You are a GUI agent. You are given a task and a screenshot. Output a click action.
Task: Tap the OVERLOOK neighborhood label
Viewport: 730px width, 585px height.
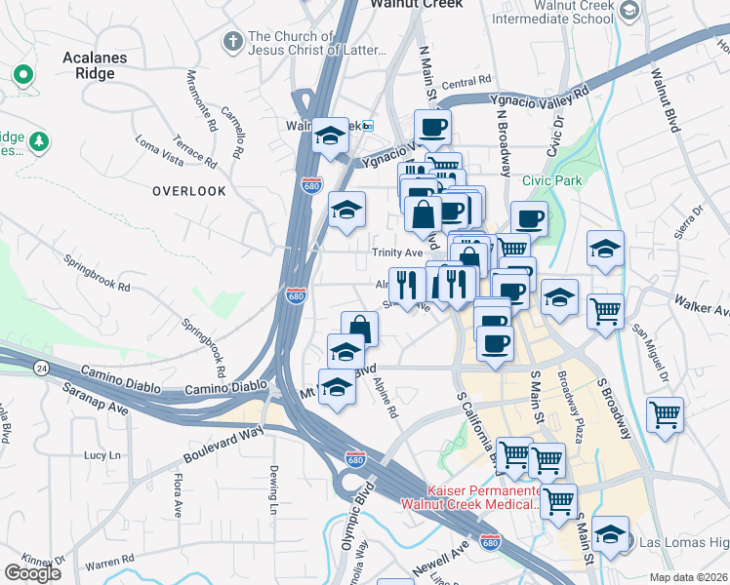click(x=189, y=192)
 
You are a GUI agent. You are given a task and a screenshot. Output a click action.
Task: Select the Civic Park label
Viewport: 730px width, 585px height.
click(x=551, y=181)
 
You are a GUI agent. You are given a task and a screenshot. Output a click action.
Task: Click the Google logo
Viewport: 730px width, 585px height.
click(x=33, y=572)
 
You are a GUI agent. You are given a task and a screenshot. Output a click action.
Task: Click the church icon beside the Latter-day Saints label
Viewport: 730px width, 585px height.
click(x=232, y=41)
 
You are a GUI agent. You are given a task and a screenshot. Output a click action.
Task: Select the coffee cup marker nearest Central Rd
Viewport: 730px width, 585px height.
click(x=432, y=125)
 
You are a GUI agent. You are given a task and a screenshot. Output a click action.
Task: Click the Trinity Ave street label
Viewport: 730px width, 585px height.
click(x=395, y=252)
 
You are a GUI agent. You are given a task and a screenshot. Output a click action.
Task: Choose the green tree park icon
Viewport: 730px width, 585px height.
click(x=39, y=142)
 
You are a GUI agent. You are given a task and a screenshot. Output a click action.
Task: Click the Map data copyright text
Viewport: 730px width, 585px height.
click(x=689, y=577)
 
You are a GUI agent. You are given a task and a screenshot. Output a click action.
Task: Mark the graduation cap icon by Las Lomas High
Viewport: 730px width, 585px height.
click(x=610, y=533)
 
